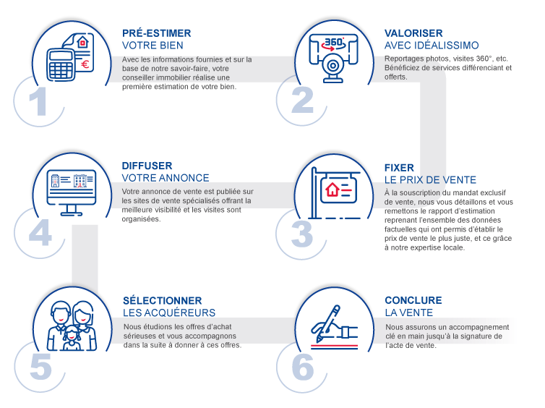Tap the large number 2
(x=302, y=101)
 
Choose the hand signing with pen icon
(x=334, y=325)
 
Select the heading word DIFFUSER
(x=147, y=166)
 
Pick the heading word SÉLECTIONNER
(x=162, y=300)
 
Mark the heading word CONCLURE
(x=413, y=300)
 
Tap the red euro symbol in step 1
(x=86, y=64)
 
